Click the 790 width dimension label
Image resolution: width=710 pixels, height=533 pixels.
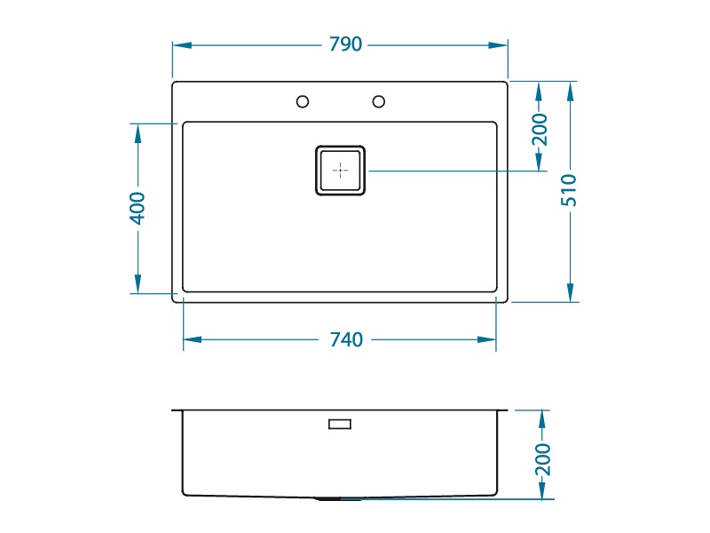[x=345, y=44]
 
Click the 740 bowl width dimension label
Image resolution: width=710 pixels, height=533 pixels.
[x=346, y=339]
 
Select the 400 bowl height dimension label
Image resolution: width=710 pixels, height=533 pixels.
[x=138, y=208]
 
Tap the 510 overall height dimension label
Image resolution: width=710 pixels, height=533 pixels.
[x=569, y=190]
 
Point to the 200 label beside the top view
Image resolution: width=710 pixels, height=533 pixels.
[x=540, y=129]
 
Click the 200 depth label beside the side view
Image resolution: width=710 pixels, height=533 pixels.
[x=543, y=459]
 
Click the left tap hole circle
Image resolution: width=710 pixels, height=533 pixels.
[x=303, y=101]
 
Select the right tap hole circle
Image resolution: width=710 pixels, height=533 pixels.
[x=379, y=101]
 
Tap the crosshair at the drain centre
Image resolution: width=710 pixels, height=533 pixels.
[x=340, y=171]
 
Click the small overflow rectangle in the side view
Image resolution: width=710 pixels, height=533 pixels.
[x=340, y=425]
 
